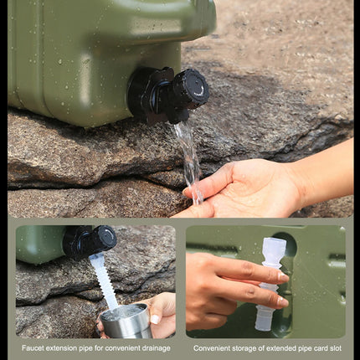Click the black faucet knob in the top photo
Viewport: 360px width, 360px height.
click(x=191, y=86)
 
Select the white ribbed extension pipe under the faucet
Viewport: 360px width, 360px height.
click(x=104, y=280)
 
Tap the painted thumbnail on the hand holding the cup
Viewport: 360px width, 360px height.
click(x=155, y=319)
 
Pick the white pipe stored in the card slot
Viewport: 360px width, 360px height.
click(x=270, y=280)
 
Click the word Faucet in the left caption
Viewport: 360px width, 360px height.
click(x=34, y=347)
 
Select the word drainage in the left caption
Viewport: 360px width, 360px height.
click(x=153, y=347)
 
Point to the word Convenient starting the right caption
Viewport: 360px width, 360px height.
click(x=213, y=347)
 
